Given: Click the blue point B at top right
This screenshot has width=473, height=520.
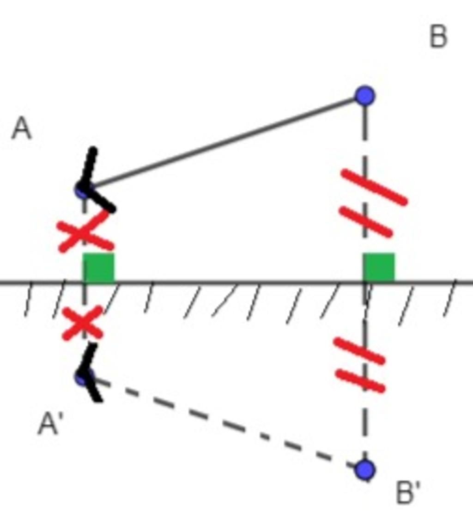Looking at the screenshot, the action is [365, 96].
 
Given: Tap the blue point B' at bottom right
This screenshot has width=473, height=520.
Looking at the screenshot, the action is [365, 470].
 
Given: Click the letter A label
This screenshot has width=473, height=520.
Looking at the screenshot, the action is [22, 129].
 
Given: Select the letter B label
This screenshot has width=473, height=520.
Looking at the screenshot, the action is [438, 36].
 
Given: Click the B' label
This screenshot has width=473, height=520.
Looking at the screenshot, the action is [408, 492].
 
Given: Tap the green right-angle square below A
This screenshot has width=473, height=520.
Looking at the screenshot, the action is [98, 268].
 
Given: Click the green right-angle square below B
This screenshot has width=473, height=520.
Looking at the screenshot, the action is [379, 268].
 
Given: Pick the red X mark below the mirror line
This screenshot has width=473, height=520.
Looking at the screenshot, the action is [83, 323].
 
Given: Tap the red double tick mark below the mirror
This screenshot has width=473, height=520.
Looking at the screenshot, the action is [360, 365].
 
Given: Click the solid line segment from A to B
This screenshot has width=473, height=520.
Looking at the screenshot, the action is [224, 143].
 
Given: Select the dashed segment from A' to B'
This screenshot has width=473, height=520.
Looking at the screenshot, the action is [224, 423].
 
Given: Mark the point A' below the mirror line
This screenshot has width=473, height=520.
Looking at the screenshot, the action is [84, 378].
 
